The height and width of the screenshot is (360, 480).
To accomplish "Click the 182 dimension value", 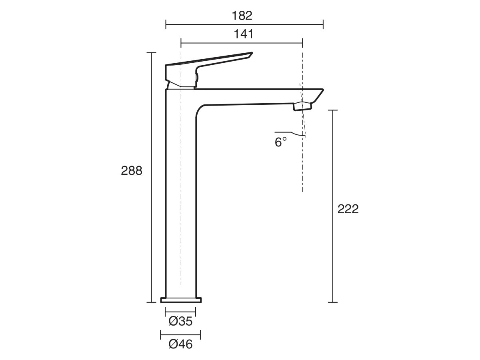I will (242, 16).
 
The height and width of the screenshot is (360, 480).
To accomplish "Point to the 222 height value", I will (348, 209).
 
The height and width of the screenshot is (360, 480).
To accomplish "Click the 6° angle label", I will (281, 142).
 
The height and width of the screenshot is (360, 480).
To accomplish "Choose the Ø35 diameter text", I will (180, 321).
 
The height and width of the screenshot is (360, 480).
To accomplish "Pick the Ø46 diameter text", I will (180, 344).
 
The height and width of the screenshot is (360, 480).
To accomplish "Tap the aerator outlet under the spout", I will (302, 106).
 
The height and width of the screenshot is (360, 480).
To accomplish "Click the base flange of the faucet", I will (181, 300).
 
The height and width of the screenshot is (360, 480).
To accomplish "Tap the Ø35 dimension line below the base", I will (180, 312).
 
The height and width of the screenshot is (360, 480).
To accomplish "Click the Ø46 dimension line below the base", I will (180, 334).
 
